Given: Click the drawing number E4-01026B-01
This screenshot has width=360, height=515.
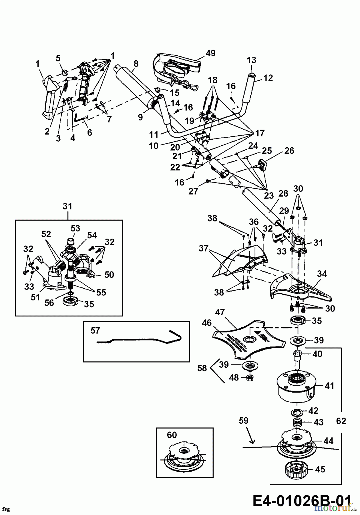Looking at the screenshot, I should tap(302, 501).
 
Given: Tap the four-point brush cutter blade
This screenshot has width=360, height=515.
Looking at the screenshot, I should tap(249, 340).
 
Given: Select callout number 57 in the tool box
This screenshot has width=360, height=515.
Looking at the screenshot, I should tap(95, 331).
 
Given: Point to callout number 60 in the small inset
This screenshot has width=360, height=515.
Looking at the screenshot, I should tap(172, 435).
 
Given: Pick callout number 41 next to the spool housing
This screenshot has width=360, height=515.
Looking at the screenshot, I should tap(329, 386).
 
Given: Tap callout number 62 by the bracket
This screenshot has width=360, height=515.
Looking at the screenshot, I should tap(341, 421).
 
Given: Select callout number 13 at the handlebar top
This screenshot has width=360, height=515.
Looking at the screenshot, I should tap(252, 60).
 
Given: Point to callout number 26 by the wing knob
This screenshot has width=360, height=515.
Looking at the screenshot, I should tap(289, 151).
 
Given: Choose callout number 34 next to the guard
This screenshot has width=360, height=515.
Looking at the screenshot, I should tap(322, 274).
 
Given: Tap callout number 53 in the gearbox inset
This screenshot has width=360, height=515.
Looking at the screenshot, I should tap(75, 228).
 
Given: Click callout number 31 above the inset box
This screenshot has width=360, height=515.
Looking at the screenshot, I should tap(67, 206).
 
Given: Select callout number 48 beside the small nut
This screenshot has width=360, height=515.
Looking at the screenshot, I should tap(234, 377).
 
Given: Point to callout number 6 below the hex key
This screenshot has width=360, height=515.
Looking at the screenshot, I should tap(89, 132).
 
